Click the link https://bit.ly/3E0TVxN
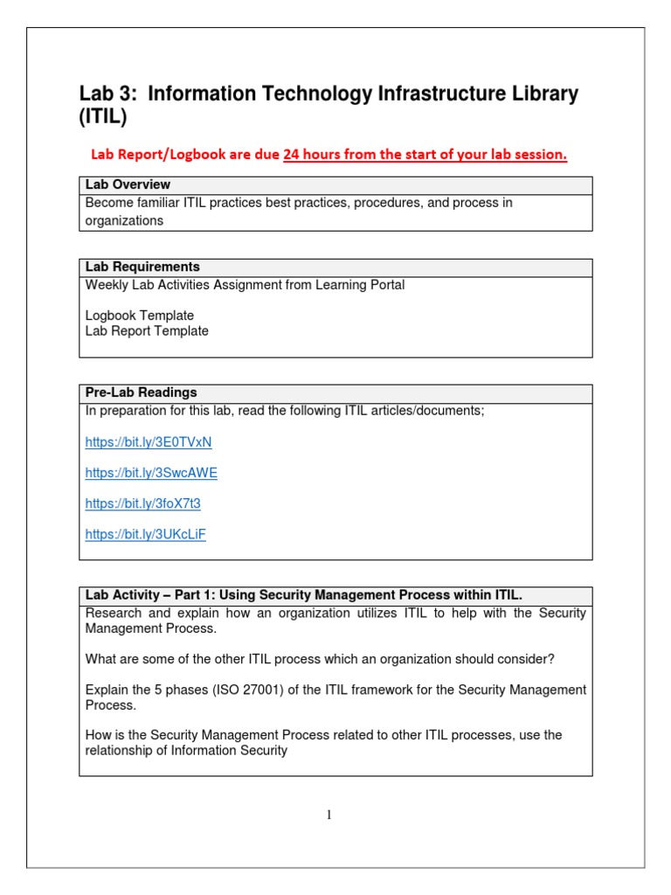tap(149, 442)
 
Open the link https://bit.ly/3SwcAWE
tap(151, 473)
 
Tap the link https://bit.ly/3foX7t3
tap(143, 503)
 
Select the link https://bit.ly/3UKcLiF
tap(146, 534)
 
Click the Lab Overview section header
tap(128, 185)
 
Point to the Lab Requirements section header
tap(142, 267)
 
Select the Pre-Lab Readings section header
tap(142, 393)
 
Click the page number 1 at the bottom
tap(329, 815)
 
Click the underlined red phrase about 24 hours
tap(425, 156)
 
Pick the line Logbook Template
tap(140, 316)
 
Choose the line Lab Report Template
tap(147, 331)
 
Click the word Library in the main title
tap(541, 94)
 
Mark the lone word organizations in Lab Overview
tap(124, 221)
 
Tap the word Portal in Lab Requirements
tap(385, 285)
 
